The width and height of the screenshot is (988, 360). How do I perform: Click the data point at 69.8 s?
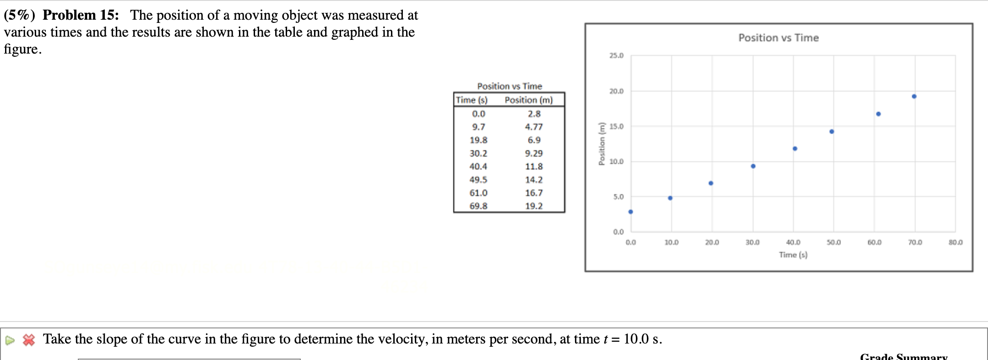click(x=914, y=96)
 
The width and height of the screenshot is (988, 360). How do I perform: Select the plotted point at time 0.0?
click(x=630, y=212)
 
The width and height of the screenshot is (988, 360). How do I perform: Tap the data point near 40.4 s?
click(x=795, y=148)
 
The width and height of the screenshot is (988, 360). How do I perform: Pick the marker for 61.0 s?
click(x=878, y=114)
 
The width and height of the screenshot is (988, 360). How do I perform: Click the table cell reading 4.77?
click(x=534, y=127)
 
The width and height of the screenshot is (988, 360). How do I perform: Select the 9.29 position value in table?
click(x=534, y=153)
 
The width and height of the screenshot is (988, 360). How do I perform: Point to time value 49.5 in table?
click(x=478, y=180)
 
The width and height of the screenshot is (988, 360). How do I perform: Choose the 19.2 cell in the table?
click(x=534, y=206)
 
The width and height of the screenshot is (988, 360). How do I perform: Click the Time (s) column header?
click(x=472, y=100)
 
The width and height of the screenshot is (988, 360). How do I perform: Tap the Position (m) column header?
click(x=529, y=100)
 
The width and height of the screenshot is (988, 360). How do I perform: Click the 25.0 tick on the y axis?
click(x=616, y=55)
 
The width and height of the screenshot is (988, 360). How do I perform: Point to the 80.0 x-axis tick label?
click(x=955, y=242)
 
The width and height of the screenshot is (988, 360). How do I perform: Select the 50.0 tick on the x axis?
click(x=834, y=242)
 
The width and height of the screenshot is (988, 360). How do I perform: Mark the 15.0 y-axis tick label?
click(x=616, y=126)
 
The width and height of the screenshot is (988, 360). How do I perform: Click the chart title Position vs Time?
click(x=778, y=38)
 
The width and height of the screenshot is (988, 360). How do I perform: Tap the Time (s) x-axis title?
click(x=793, y=255)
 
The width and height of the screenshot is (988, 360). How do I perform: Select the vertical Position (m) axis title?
click(x=602, y=144)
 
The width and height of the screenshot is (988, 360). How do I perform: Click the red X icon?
click(x=29, y=340)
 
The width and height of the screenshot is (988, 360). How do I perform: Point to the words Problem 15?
click(x=81, y=15)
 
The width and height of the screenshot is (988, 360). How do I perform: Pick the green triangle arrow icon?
click(x=10, y=340)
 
